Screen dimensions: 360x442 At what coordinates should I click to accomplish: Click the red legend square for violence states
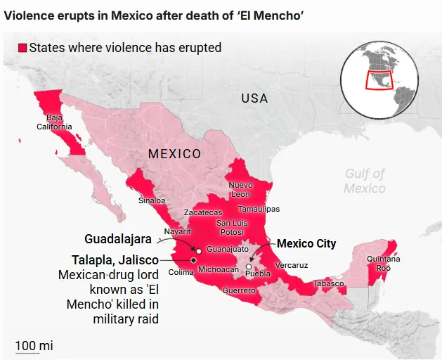[22, 48]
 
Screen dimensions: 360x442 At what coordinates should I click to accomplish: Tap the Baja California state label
[54, 122]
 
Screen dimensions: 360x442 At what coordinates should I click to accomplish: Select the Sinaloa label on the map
[152, 200]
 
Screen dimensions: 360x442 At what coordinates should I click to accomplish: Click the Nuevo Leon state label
[240, 189]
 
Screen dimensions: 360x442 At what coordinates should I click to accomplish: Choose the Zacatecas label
[202, 212]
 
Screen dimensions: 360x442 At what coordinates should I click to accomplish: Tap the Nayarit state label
[177, 231]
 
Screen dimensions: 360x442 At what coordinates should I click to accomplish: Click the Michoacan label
[219, 269]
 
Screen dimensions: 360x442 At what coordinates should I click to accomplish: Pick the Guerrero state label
[239, 290]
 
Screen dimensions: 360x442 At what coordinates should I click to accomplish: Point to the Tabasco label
[328, 283]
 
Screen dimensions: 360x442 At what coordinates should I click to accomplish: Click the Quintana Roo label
[384, 264]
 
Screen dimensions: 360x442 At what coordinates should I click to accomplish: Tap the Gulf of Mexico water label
[364, 181]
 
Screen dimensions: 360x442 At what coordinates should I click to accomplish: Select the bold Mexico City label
[306, 244]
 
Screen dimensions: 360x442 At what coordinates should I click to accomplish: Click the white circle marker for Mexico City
[249, 266]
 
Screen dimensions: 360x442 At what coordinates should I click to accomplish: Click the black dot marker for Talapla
[193, 259]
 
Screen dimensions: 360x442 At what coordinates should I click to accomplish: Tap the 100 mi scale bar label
[34, 346]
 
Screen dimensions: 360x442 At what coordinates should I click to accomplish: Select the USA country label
[254, 98]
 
